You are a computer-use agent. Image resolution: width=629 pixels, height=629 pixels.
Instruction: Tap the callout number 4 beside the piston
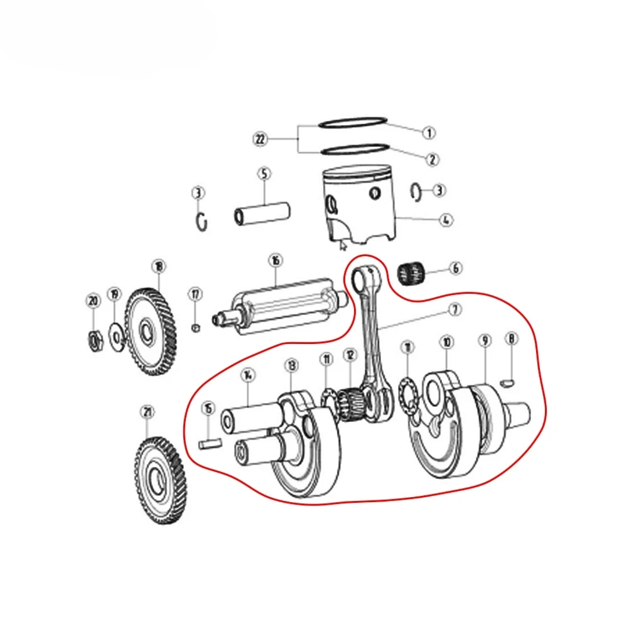(445, 220)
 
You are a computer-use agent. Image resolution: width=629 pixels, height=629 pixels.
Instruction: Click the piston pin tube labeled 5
(262, 212)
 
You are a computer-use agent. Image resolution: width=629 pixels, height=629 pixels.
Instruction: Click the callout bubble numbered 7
(454, 309)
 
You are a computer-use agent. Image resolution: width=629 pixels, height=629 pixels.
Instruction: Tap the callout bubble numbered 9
(485, 341)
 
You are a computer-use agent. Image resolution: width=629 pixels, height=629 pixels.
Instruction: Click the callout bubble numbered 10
(446, 342)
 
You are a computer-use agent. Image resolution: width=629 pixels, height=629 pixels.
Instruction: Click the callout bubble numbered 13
(291, 365)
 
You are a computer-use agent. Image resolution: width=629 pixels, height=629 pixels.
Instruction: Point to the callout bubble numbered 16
(274, 260)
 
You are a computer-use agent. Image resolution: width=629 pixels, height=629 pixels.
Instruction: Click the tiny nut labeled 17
(195, 328)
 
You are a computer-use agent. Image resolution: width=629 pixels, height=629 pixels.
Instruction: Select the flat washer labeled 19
(116, 333)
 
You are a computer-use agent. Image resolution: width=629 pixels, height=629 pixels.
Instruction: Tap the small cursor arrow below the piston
(343, 244)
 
